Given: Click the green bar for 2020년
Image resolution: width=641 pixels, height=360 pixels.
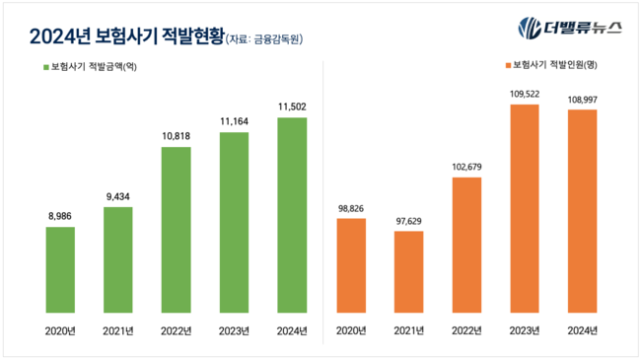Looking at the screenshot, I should pyautogui.click(x=60, y=269).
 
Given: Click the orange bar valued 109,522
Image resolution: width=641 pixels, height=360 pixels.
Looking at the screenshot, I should pyautogui.click(x=525, y=208).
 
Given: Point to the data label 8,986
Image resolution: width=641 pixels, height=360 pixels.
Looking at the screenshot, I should pyautogui.click(x=60, y=216).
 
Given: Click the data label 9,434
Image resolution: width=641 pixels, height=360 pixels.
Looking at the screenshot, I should pyautogui.click(x=117, y=195).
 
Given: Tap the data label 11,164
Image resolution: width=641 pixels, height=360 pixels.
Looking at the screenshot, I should pyautogui.click(x=234, y=120).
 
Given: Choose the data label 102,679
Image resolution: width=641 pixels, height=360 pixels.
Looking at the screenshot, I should pyautogui.click(x=466, y=166).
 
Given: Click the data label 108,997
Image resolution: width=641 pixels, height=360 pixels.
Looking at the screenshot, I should pyautogui.click(x=583, y=99).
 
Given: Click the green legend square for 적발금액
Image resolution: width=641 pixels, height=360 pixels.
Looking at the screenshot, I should pyautogui.click(x=44, y=67).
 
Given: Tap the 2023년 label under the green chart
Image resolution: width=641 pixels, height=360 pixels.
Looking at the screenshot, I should pyautogui.click(x=234, y=330).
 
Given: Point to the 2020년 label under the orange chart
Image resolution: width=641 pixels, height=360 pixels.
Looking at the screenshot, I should pyautogui.click(x=350, y=330).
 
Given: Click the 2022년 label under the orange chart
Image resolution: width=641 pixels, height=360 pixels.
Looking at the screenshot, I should pyautogui.click(x=466, y=330).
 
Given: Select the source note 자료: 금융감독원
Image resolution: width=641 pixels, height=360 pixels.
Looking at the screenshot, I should pyautogui.click(x=263, y=38).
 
